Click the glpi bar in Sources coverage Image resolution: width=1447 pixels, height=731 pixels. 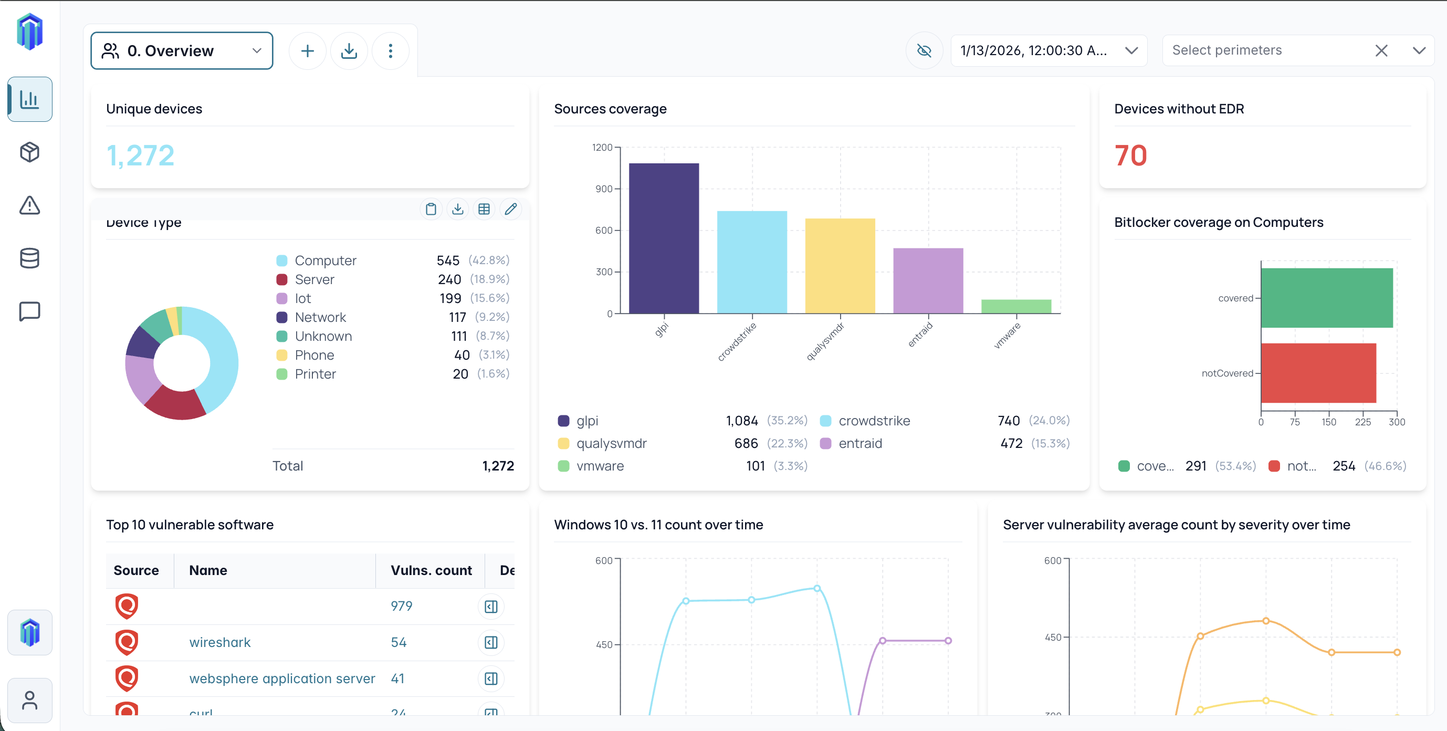click(664, 238)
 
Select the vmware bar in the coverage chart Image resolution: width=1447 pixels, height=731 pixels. click(1015, 306)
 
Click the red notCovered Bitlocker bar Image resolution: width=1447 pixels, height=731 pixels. click(1318, 373)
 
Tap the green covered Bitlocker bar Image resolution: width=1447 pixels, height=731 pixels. click(1326, 298)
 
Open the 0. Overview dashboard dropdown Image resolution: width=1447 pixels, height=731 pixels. click(182, 50)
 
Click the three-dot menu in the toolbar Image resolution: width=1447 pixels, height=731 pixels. click(391, 51)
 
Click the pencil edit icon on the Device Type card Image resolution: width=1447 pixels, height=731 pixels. click(510, 209)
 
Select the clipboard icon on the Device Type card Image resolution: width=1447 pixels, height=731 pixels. click(431, 209)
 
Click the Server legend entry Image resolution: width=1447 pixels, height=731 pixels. click(314, 279)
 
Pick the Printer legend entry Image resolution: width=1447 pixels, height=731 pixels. click(314, 374)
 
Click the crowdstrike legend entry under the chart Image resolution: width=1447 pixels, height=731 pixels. click(874, 421)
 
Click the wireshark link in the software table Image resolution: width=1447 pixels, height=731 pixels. click(219, 642)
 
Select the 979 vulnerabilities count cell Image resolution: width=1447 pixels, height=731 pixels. click(401, 605)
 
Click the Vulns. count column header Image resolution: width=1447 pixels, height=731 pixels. click(431, 570)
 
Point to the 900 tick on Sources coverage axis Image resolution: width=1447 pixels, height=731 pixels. click(604, 189)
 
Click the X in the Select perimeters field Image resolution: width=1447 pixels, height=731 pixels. click(1381, 50)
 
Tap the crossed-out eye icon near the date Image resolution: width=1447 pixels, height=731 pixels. click(924, 50)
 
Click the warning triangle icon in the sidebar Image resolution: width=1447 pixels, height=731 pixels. click(30, 205)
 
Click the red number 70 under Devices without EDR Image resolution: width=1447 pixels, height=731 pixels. click(1130, 155)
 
